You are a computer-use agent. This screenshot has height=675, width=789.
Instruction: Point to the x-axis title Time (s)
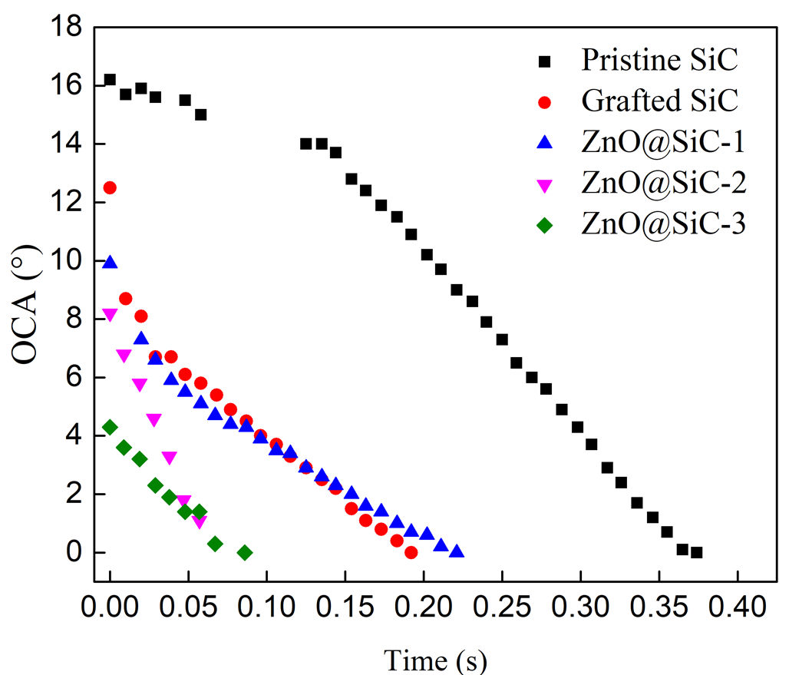(x=435, y=659)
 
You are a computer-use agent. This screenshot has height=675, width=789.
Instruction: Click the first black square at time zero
(x=110, y=80)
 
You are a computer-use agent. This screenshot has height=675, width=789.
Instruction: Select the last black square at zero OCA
(x=696, y=552)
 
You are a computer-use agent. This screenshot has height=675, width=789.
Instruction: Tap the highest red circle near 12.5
(x=110, y=187)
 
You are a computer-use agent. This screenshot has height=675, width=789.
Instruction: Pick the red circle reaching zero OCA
(x=411, y=552)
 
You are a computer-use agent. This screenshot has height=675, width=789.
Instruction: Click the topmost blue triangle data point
(x=110, y=263)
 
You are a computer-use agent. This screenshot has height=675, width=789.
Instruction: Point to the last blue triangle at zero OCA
(x=457, y=551)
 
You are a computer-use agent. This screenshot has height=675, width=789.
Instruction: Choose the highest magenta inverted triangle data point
(x=110, y=315)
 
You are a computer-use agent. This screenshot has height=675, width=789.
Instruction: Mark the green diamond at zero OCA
(x=245, y=552)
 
